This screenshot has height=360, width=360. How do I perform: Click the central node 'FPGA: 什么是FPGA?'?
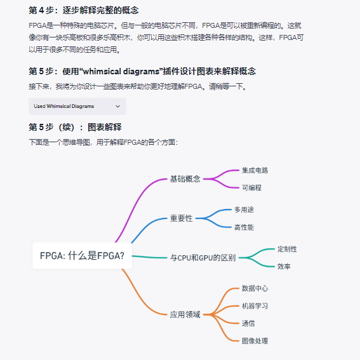[82, 255]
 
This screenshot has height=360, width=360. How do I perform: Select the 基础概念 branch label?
[185, 179]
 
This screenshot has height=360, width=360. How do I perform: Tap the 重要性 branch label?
[181, 218]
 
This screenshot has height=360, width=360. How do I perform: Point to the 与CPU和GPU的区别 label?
[203, 258]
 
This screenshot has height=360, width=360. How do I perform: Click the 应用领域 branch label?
[185, 314]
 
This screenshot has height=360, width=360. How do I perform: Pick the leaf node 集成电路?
[255, 170]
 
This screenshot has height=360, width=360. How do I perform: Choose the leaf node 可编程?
[251, 187]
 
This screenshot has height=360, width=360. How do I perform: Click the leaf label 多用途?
[244, 210]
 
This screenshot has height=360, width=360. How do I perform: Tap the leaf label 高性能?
[244, 227]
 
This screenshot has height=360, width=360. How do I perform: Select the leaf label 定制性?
[287, 249]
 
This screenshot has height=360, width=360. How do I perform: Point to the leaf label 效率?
[284, 266]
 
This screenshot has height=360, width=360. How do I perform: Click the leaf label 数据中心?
[255, 288]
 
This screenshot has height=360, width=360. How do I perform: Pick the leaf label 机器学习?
[255, 306]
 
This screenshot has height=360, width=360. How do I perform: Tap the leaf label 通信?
[248, 323]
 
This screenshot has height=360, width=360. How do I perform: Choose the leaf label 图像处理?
[255, 341]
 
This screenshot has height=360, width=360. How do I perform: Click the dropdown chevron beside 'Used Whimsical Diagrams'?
[118, 106]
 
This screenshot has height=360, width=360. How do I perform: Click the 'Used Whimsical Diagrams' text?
[64, 106]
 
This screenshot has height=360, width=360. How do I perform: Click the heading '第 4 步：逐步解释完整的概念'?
[84, 10]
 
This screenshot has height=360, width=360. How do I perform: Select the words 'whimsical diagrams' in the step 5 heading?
[121, 71]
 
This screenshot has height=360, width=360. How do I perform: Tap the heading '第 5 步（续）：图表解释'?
[75, 127]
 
